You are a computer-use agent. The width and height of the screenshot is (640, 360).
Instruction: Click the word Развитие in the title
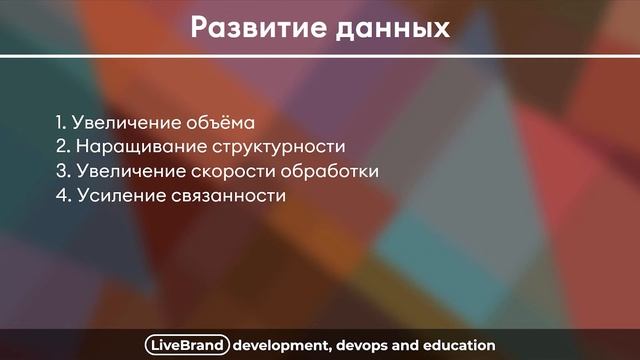click(x=251, y=27)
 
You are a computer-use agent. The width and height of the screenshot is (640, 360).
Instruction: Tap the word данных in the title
click(x=385, y=27)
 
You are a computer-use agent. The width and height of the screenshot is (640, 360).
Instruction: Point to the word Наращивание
click(x=133, y=147)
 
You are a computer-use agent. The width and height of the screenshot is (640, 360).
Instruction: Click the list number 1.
click(x=60, y=123)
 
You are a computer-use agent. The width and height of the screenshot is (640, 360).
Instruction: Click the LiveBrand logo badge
click(x=187, y=345)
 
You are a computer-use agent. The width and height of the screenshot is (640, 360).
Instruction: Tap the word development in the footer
click(x=281, y=345)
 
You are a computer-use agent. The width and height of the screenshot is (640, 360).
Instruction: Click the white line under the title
click(x=320, y=56)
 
